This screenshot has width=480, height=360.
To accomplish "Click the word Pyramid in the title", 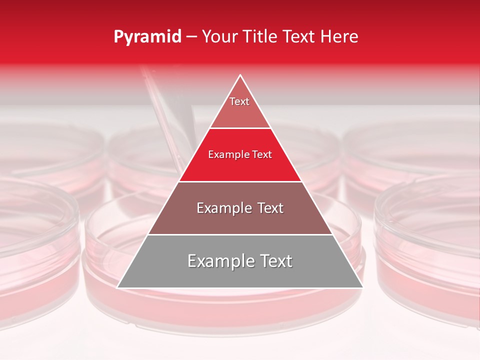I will (x=147, y=37).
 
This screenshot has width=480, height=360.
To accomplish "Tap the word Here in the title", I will (x=340, y=37).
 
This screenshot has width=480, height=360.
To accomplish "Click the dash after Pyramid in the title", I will (x=191, y=37).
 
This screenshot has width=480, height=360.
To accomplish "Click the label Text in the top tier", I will (x=239, y=101).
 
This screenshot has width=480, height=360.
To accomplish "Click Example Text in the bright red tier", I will (x=240, y=155).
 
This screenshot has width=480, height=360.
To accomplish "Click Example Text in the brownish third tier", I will (x=240, y=208).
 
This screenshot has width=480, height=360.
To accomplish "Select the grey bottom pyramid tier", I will (x=240, y=275).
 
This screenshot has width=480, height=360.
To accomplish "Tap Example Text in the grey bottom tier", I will (x=240, y=261).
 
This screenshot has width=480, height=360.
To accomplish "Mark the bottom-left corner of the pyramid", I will (x=118, y=287).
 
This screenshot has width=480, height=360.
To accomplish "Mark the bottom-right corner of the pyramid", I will (x=362, y=287).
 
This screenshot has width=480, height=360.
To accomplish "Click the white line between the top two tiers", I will (x=240, y=128).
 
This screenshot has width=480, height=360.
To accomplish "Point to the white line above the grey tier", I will (x=240, y=234).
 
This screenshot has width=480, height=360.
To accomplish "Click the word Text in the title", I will (x=300, y=37).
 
